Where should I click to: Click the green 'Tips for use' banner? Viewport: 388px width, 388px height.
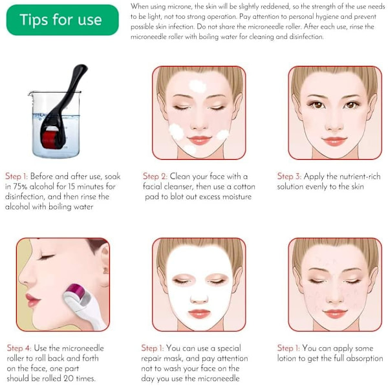[x=62, y=20]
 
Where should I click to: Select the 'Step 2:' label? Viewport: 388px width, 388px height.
[x=155, y=177]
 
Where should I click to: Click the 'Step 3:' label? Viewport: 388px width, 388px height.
[x=289, y=177]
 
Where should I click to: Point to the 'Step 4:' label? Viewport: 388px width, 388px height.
[x=19, y=348]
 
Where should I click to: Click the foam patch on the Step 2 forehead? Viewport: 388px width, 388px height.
[x=197, y=86]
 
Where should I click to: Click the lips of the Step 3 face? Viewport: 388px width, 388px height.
[x=334, y=141]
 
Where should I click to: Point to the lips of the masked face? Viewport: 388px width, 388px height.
[x=199, y=314]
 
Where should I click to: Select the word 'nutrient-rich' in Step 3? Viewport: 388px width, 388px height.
[x=360, y=177]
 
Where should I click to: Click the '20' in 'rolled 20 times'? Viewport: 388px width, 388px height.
[x=69, y=378]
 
